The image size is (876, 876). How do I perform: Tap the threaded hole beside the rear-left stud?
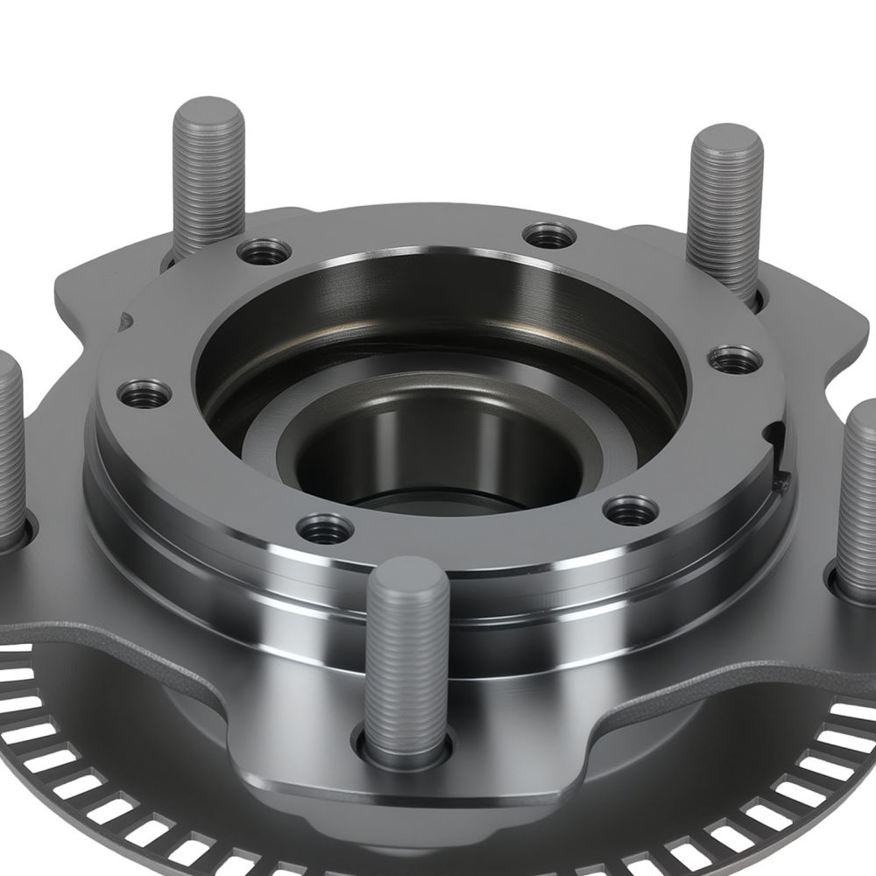coord(265,252)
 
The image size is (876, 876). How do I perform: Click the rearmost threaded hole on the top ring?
coord(550,235)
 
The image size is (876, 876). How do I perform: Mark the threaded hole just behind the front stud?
coord(325,528)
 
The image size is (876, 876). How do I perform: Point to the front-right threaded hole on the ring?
coord(632,510)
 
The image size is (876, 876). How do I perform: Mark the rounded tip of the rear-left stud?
coord(208,110)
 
